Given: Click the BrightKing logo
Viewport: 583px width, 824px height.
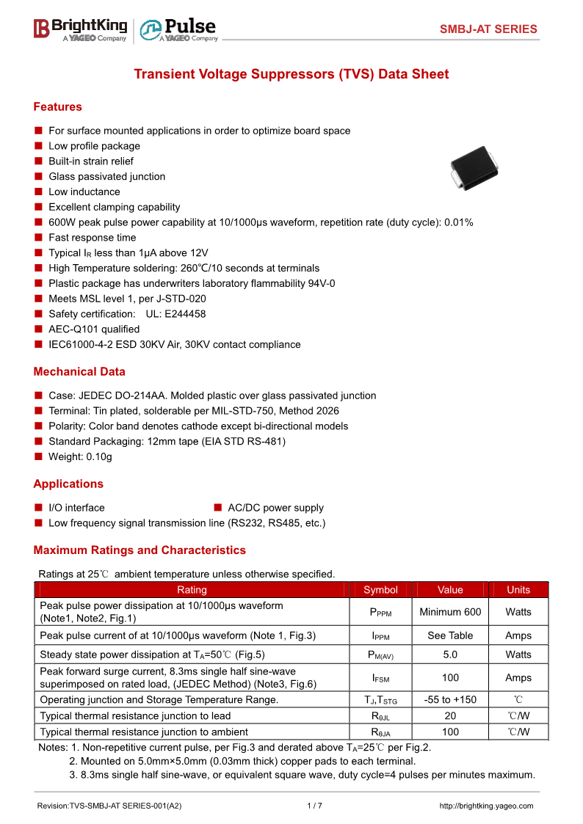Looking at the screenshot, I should tap(80, 29).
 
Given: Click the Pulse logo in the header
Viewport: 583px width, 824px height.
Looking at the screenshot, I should tap(179, 29).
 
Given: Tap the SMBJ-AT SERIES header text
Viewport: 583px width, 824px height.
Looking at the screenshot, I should tap(488, 29).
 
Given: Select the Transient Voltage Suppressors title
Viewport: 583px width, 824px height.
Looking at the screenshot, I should tap(291, 74).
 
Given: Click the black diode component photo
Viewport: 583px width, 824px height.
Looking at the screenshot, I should tap(474, 171).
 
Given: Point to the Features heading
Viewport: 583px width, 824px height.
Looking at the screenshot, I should tap(57, 107).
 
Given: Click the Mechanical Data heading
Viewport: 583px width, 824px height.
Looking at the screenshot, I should tap(79, 372).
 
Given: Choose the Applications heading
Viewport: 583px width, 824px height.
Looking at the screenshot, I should tap(68, 484).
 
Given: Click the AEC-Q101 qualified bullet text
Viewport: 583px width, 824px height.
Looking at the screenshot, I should tap(94, 329).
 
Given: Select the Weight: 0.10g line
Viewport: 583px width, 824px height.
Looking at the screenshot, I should tap(80, 457).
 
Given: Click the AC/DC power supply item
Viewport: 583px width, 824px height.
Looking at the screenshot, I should tap(275, 508).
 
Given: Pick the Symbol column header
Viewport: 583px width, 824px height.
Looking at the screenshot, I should tap(380, 590).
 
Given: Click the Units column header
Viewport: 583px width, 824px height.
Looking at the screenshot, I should tap(518, 590).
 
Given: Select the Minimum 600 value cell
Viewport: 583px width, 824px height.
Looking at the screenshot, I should tap(450, 612).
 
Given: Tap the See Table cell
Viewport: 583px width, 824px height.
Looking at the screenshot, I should tap(450, 635).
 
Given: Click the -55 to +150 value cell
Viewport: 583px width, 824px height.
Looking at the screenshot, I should tap(450, 700).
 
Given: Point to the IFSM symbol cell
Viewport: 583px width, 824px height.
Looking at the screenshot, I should tap(380, 678).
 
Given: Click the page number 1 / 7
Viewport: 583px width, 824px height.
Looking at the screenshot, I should tap(314, 806).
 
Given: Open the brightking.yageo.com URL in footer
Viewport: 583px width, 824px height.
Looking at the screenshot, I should tap(486, 806).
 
